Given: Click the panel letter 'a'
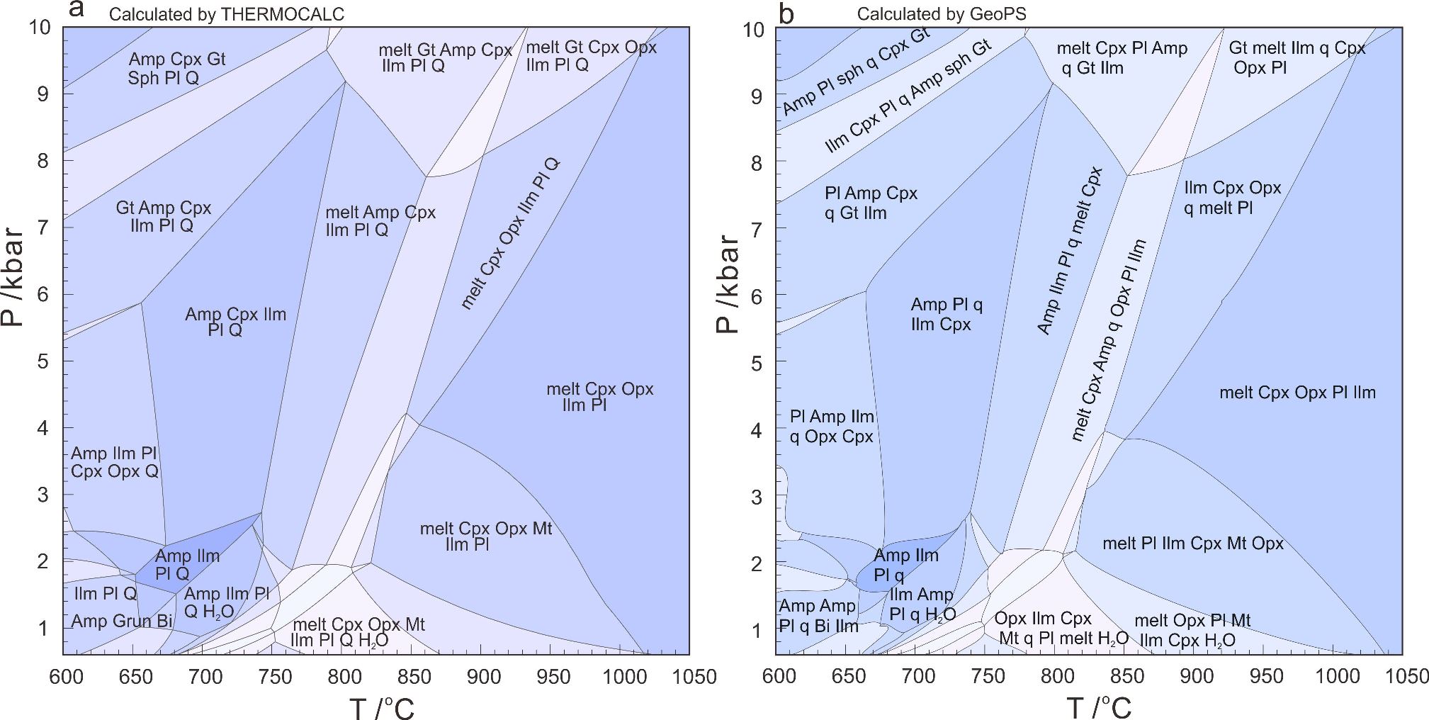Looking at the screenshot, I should (77, 9).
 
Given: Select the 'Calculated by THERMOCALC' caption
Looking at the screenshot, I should (227, 14).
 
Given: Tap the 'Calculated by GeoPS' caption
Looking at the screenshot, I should (941, 14).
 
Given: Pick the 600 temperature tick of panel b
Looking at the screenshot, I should (778, 677).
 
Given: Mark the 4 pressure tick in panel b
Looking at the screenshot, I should (756, 431).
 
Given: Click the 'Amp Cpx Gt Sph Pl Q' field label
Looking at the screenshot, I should (176, 68).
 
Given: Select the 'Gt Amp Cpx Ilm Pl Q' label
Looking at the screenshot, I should (163, 217).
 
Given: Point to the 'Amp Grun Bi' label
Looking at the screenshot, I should (122, 621).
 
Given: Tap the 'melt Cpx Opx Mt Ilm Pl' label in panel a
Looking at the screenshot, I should (485, 536).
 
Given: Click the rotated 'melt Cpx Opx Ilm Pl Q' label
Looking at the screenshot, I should (509, 234).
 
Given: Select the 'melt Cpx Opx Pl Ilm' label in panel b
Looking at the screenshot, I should (1297, 393).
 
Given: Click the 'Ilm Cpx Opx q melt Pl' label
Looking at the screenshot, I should (1233, 198).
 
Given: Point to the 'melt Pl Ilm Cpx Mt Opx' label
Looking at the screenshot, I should (1193, 544).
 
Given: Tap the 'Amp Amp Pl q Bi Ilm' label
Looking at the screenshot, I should (818, 616).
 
